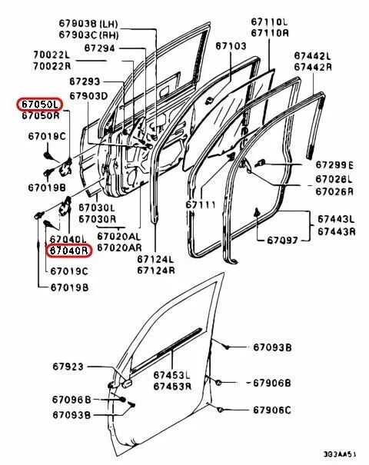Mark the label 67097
[283, 241]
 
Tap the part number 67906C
[273, 410]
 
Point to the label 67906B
[273, 382]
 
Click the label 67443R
[337, 231]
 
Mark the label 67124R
[155, 269]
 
